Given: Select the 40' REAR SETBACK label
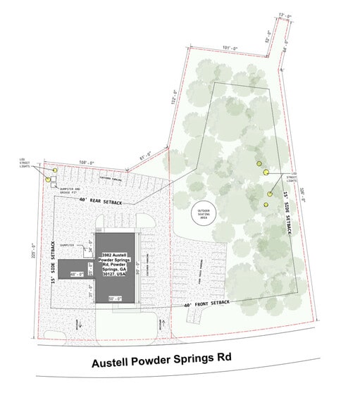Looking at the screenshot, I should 101,202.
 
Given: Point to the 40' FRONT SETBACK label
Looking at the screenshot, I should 206,303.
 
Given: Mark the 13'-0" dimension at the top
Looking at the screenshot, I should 285,14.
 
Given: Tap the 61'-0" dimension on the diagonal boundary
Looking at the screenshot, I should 145,156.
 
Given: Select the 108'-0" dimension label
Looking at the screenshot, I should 86,163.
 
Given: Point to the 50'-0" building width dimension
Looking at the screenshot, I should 116,299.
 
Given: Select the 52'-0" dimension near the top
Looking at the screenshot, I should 268,39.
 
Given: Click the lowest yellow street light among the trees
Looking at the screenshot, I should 266,205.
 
